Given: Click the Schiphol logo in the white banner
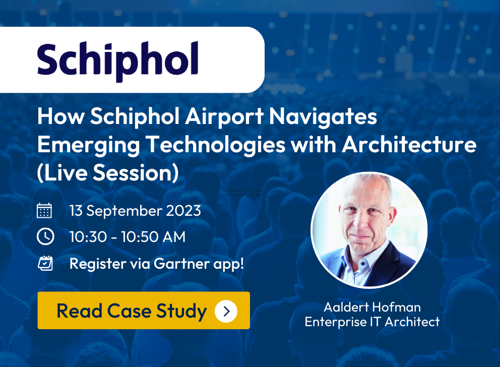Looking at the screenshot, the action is (117, 61).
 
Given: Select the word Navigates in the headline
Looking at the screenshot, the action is (323, 117).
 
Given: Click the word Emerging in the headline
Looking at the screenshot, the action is (89, 145).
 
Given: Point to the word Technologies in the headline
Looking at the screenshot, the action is (216, 145).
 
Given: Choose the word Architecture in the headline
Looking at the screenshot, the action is (409, 145).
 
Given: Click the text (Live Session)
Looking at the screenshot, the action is (108, 173).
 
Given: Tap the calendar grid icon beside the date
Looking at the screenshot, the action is (44, 210).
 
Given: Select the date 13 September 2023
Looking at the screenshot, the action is (135, 211).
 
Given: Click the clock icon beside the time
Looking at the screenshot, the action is (45, 236).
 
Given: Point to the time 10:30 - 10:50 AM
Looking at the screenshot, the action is (128, 237).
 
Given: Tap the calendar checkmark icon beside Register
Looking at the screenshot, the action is (45, 263).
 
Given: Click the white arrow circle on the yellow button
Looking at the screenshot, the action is (226, 311).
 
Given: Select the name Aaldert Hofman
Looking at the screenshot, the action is (372, 307).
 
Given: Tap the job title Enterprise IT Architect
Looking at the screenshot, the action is (372, 322).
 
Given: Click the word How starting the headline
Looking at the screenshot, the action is (61, 116).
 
